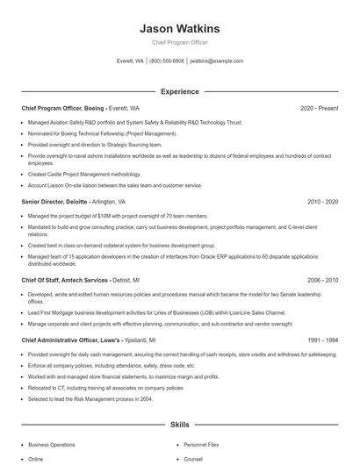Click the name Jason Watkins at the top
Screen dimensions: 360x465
point(180,29)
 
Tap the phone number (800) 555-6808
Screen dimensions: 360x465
point(167,61)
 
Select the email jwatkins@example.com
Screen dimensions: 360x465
point(217,61)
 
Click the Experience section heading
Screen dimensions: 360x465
point(180,91)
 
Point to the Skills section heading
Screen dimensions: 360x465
point(180,424)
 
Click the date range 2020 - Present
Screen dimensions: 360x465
point(319,108)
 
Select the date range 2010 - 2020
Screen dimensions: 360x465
point(322,201)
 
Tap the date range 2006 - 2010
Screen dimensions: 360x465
point(322,280)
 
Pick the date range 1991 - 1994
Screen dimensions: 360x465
point(322,340)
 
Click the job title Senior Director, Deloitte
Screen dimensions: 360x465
point(54,201)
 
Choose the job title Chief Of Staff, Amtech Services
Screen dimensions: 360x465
point(65,280)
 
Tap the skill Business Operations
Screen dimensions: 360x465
point(52,445)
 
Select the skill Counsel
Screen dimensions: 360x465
point(194,459)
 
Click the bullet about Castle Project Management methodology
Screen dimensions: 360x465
point(84,174)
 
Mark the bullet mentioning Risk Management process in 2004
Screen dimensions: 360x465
point(91,398)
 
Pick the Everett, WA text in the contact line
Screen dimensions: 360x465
point(130,61)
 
